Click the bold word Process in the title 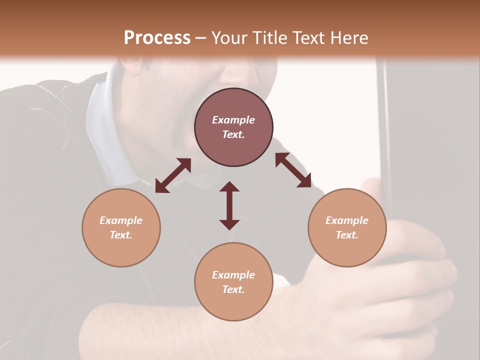pyautogui.click(x=157, y=37)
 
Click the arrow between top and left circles pyautogui.click(x=173, y=175)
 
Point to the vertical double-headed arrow pyautogui.click(x=229, y=205)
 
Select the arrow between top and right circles pyautogui.click(x=293, y=170)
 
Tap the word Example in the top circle pyautogui.click(x=233, y=120)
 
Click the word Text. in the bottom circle pyautogui.click(x=233, y=289)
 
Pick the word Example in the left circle pyautogui.click(x=121, y=220)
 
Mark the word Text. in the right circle pyautogui.click(x=347, y=235)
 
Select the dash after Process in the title pyautogui.click(x=200, y=38)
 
